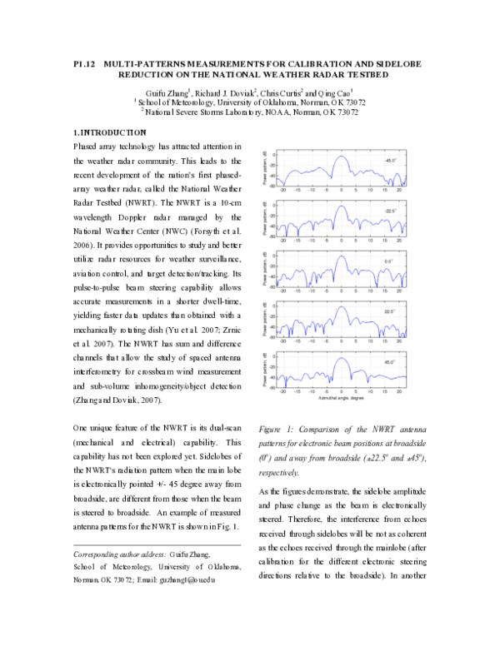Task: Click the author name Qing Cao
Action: coord(334,91)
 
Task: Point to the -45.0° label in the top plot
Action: coord(390,159)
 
